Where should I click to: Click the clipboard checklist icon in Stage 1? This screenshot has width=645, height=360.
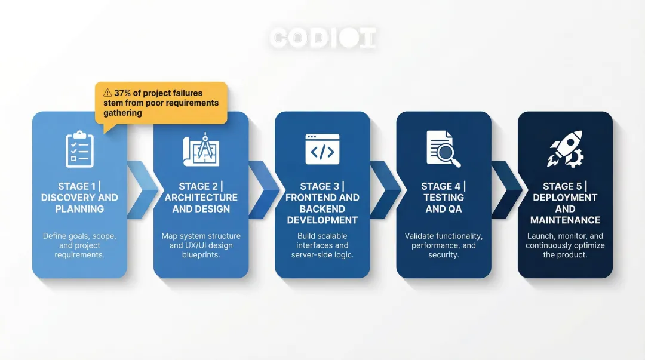(79, 149)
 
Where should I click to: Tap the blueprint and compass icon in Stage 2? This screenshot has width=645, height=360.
(201, 149)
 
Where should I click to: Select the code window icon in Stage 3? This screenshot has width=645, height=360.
(322, 149)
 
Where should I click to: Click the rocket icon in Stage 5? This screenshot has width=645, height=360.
(564, 149)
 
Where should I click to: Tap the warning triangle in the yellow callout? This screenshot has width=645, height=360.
(107, 93)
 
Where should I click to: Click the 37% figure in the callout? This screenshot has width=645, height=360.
(124, 93)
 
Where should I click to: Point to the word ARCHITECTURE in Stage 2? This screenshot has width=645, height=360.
(201, 198)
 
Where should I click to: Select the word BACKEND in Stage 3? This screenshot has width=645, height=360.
(322, 209)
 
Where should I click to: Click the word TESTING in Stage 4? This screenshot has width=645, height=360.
(444, 198)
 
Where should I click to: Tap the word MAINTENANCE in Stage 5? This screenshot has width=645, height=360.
(565, 220)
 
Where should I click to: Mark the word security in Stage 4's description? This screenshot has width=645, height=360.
(444, 255)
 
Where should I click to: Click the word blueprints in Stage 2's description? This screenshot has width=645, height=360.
(201, 255)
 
